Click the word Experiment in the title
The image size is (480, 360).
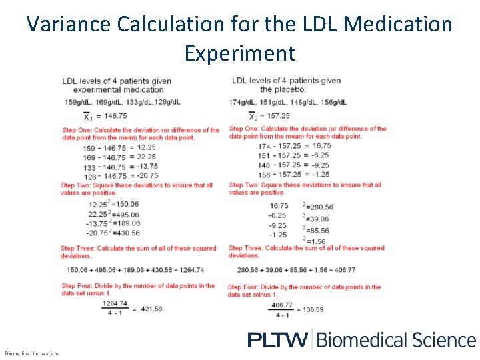[239, 53]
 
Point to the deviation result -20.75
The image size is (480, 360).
[143, 176]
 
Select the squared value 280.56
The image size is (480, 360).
[320, 207]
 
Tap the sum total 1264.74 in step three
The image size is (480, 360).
[189, 270]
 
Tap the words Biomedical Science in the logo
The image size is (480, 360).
[396, 339]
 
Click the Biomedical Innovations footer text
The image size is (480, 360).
[32, 353]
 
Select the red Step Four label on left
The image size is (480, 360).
[79, 286]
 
